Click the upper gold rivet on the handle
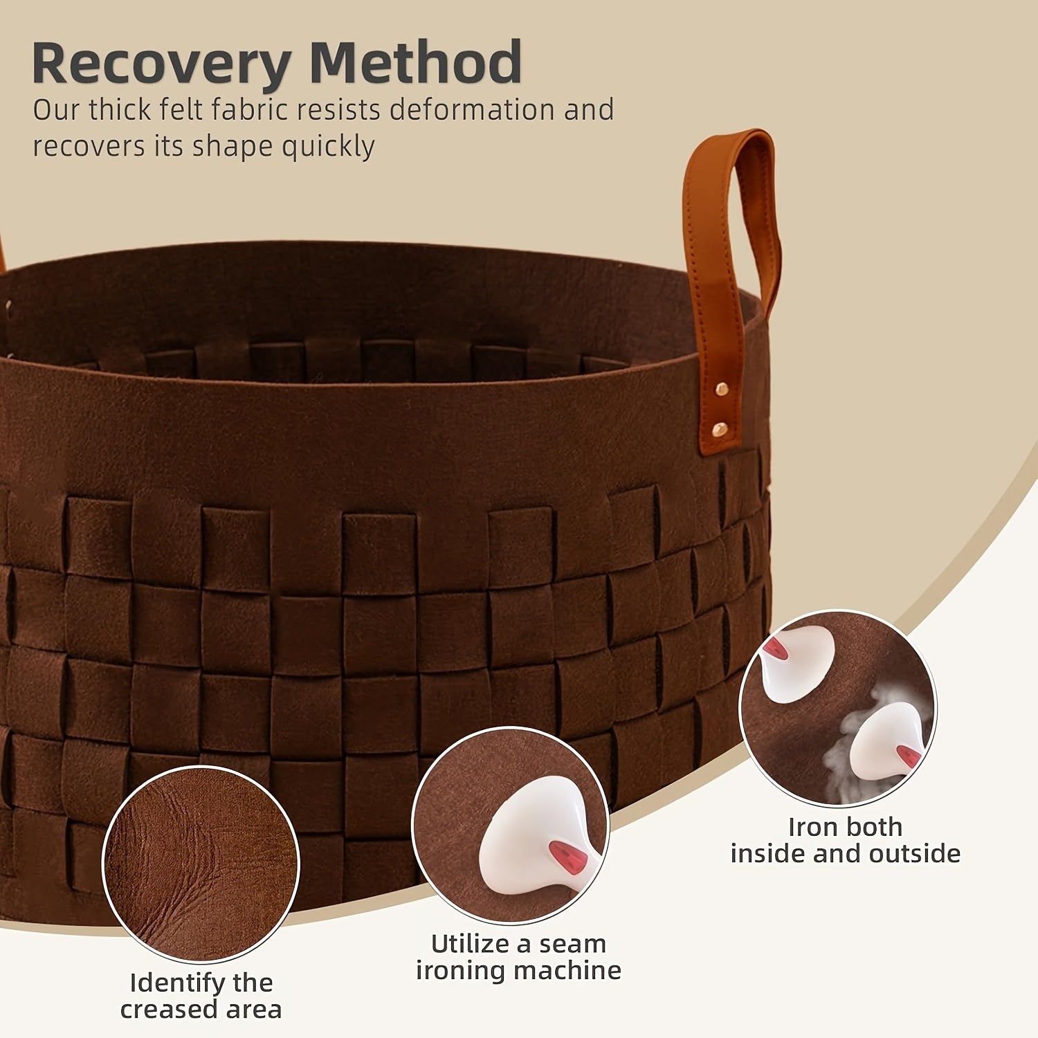point(722,390)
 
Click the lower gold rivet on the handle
point(720,429)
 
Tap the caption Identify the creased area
point(201,996)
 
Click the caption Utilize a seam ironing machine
point(518,957)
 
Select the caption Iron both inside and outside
point(845,840)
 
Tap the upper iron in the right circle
point(796,661)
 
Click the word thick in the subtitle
point(120,110)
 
